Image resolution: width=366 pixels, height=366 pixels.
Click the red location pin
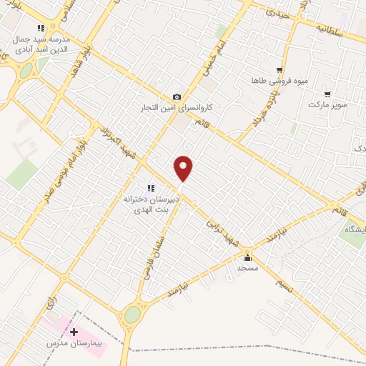coord(184,168)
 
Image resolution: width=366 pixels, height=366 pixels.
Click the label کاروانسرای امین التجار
coord(182,109)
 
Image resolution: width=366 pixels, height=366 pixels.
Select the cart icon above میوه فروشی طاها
coord(280,71)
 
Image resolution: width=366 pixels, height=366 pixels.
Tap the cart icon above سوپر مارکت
coord(327,94)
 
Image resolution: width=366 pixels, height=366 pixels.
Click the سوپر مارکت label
coord(327,104)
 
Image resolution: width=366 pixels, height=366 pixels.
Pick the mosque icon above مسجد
coord(248,257)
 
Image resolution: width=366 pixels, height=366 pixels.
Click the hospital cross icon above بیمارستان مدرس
coord(74,332)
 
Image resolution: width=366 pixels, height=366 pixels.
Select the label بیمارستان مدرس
coord(74,344)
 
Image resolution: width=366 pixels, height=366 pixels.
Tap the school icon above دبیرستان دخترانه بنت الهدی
coord(150,188)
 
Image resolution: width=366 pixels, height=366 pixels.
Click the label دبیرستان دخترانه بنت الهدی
coord(150,204)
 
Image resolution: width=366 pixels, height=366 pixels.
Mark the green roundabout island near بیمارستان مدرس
coord(132,314)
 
